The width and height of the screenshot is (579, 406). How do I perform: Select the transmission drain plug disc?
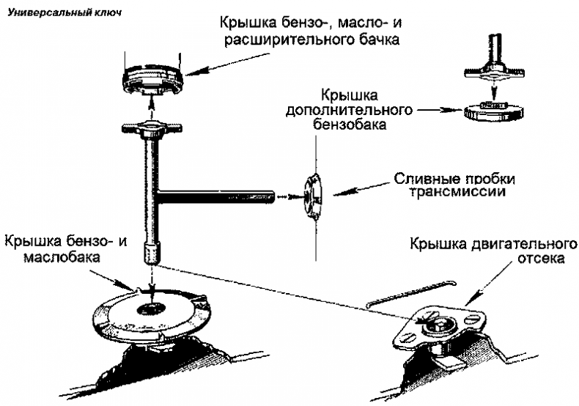tap(314, 196)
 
